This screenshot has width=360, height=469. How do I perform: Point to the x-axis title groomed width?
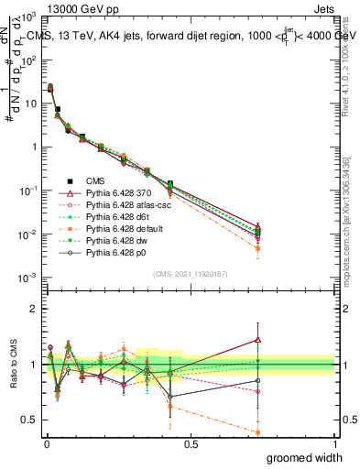coord(300,456)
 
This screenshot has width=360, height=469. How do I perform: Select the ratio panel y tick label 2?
coord(33,309)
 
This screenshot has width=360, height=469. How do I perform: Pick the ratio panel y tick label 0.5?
coord(28,420)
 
